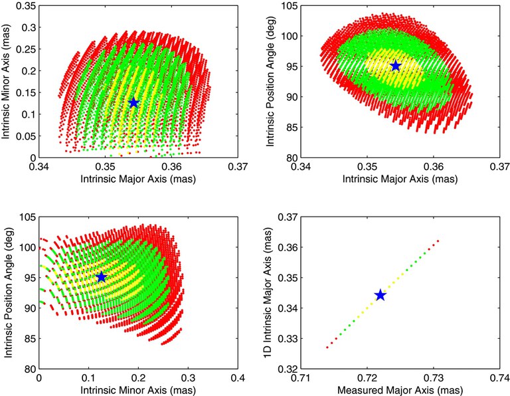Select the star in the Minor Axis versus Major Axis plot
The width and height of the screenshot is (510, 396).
pos(134,102)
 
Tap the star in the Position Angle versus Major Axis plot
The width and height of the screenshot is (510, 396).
pos(396,66)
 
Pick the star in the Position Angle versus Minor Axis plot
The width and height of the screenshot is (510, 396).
pos(101,276)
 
